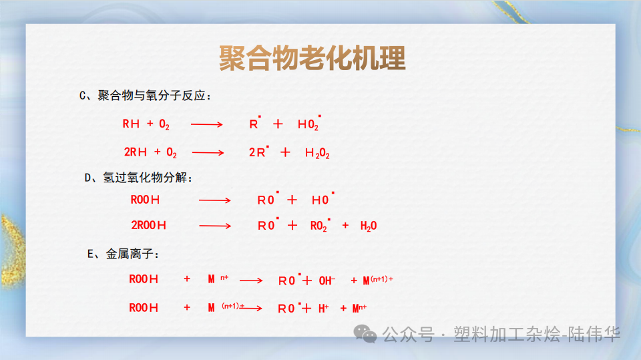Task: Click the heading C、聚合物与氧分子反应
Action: coord(145,96)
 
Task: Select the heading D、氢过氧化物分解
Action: coord(139,177)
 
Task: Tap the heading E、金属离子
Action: coord(123,254)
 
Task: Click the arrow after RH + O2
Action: coord(207,124)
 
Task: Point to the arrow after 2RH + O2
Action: coord(208,153)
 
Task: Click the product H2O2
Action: coord(317,153)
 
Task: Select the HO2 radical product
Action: coord(309,124)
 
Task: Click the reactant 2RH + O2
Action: coord(150,153)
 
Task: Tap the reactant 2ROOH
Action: coord(148,226)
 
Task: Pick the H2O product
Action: coord(369,226)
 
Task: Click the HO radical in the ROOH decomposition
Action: coord(322,200)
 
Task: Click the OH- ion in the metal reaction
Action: coord(327,281)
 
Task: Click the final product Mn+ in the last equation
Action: coord(359,308)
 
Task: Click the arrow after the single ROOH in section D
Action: coord(215,200)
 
